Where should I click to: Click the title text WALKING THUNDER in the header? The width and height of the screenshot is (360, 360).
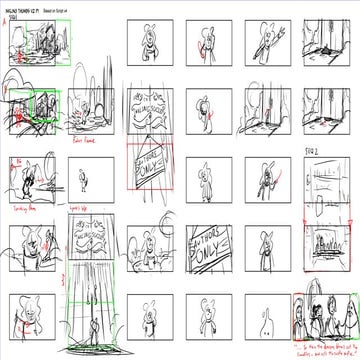pos(28,8)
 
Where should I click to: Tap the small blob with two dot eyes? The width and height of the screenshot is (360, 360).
pos(262,320)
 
